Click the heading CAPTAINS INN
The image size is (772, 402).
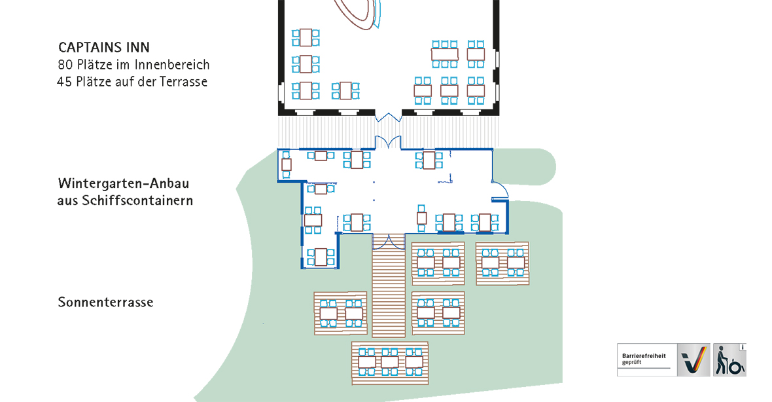[x=103, y=47]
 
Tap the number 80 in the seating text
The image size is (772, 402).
[x=64, y=65]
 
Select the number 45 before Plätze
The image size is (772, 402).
[x=64, y=82]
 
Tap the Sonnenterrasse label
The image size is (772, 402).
[x=105, y=302]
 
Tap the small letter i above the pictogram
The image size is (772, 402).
[x=742, y=346]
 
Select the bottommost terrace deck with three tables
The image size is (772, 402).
[x=389, y=362]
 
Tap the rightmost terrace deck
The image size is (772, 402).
[x=502, y=263]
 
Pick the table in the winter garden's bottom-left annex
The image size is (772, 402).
[x=321, y=257]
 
